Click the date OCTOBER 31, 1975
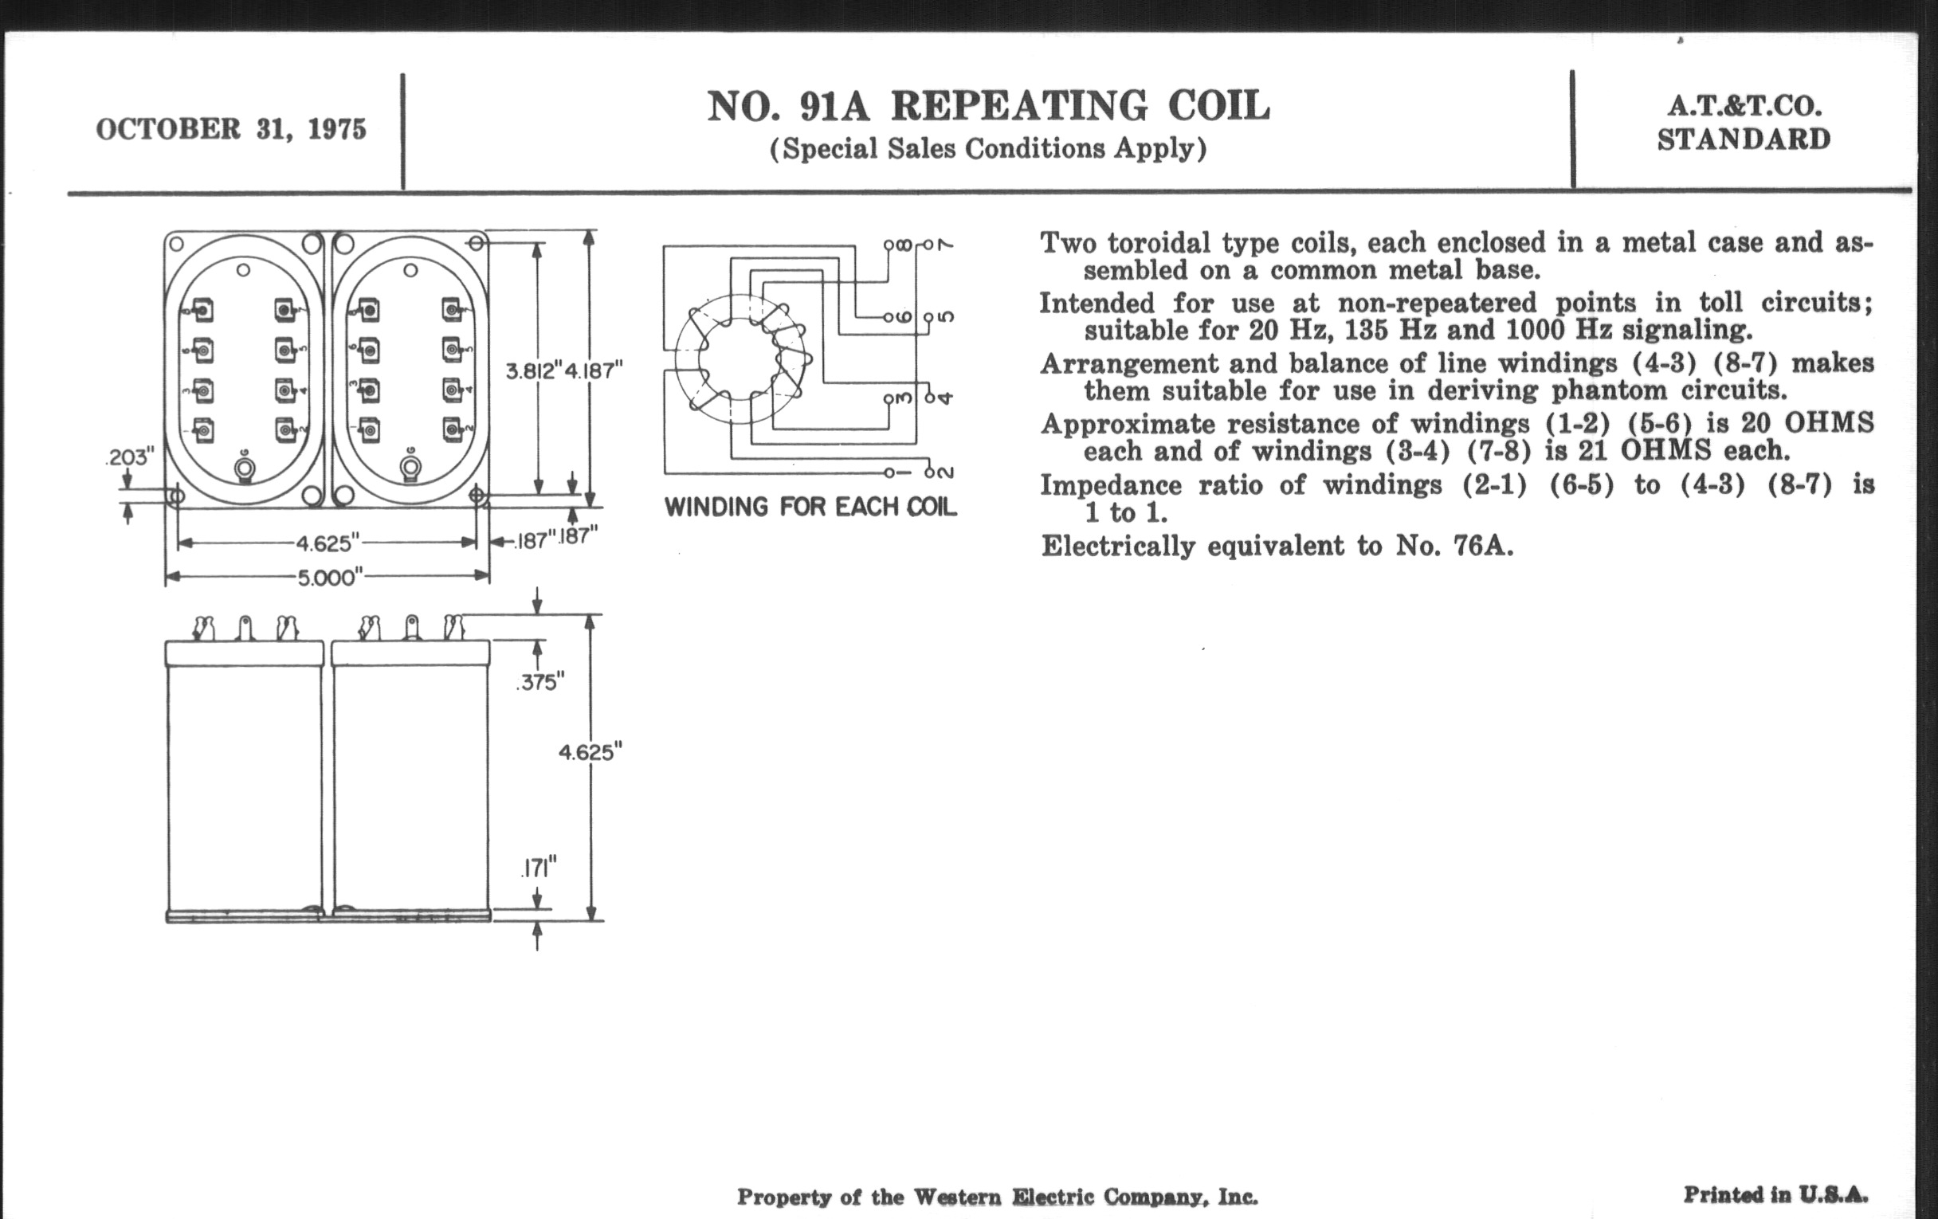(231, 130)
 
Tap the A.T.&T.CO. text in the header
(1744, 106)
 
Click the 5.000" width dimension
(328, 577)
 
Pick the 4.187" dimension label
(594, 371)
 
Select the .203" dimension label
(130, 457)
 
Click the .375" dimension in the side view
(540, 682)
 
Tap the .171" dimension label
(539, 868)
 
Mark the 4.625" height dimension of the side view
(590, 752)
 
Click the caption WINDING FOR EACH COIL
(810, 508)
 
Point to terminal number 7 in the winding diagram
(946, 245)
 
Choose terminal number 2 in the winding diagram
(946, 472)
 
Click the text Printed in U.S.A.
(1775, 1194)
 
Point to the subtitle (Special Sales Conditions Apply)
(988, 149)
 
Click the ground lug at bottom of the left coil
(245, 469)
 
